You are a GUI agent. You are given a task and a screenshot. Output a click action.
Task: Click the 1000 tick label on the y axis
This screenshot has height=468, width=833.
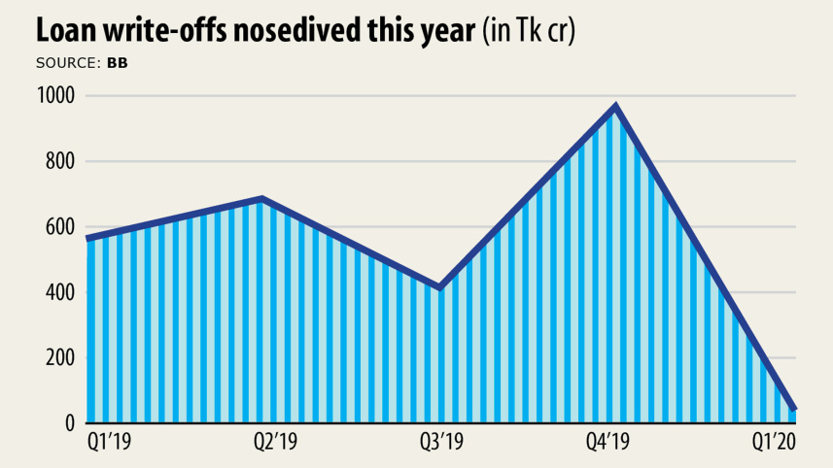(54, 96)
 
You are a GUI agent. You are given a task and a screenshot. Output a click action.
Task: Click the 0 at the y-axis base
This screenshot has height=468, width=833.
(70, 423)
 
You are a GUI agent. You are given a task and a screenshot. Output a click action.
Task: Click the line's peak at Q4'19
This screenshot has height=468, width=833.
(615, 107)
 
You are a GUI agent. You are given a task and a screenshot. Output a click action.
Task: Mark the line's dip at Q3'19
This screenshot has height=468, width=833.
(439, 287)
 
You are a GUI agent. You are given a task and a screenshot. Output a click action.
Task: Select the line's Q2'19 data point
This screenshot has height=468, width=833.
(262, 199)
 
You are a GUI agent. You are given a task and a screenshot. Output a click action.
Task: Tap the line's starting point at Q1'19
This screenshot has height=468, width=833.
(87, 238)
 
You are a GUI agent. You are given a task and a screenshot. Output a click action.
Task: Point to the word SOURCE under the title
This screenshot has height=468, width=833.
(65, 63)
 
